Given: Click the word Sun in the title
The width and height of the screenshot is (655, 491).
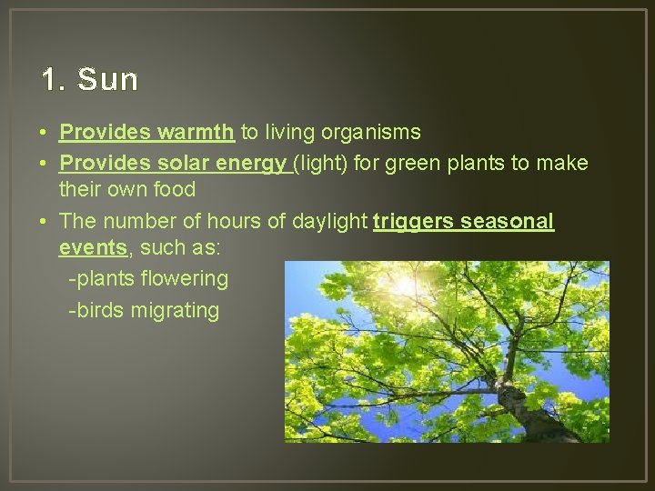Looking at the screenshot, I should point(108,80).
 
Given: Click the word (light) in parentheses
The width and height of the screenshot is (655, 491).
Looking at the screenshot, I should point(318,164).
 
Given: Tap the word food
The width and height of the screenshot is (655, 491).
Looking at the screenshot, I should point(175,189).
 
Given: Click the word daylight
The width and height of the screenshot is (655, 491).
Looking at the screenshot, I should point(330,221).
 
